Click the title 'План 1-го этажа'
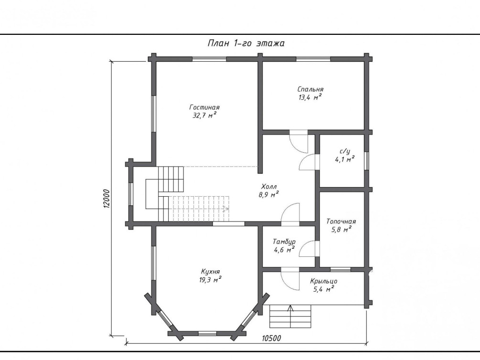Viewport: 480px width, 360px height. coord(246,43)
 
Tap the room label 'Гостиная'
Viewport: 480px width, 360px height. coord(204,107)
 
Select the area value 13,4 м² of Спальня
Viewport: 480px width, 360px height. coord(310,97)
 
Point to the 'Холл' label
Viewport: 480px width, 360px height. coord(269,186)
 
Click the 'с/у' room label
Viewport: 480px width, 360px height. coord(345,151)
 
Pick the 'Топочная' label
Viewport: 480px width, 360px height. coord(341,222)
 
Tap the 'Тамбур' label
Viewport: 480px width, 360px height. coord(284,242)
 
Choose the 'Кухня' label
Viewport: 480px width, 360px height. coord(210,272)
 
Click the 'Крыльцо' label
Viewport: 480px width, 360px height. coord(323,281)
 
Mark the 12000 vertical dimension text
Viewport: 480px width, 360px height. coord(106,199)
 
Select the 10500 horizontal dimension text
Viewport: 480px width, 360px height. coord(271,338)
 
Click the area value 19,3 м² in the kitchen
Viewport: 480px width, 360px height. coord(210,280)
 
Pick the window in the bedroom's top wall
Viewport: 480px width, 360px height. coord(313,59)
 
